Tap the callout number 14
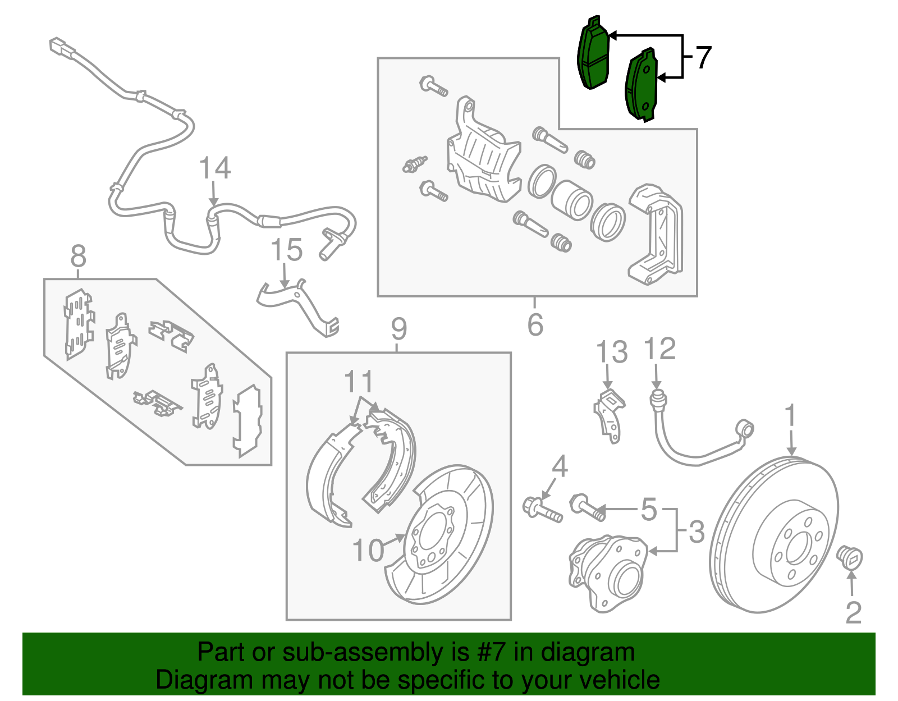tap(215, 168)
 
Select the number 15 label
tap(286, 250)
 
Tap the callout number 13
tap(611, 352)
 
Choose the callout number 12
tap(659, 349)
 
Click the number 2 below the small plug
tap(853, 612)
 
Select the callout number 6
tap(535, 324)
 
